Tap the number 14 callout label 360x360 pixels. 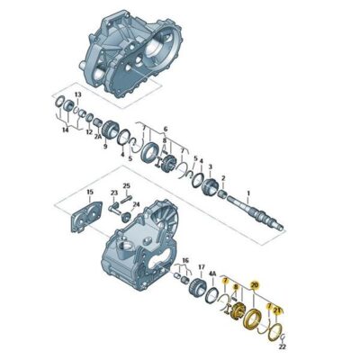[x=64, y=130]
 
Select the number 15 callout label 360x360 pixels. [x=90, y=193]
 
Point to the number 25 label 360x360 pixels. [x=127, y=186]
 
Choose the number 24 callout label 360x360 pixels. [x=135, y=205]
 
